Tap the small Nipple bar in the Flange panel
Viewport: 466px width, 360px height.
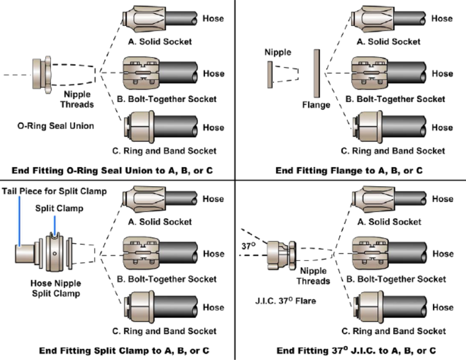270,74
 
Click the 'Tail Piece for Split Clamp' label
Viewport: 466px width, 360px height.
54,191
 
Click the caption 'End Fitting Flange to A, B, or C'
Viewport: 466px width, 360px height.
349,171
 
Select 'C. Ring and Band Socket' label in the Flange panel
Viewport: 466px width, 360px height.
393,151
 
